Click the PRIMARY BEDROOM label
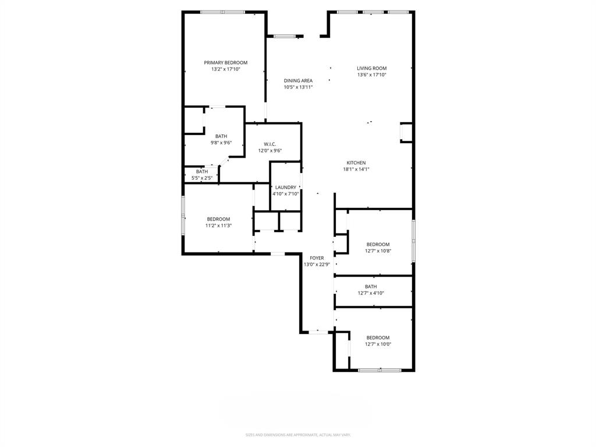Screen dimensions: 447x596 225,62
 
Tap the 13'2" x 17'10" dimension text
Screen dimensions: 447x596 225,69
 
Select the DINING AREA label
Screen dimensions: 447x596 298,81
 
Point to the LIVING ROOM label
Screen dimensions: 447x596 371,68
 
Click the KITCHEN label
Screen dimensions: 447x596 356,163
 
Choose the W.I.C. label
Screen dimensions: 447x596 269,144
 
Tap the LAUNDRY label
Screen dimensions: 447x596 285,187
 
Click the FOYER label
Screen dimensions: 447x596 317,258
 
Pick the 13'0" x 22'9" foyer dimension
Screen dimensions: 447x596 317,265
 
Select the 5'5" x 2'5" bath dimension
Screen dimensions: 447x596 201,178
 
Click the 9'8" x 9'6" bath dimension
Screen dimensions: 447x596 221,143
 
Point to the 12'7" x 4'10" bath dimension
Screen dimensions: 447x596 371,293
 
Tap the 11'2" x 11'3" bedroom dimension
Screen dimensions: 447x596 218,226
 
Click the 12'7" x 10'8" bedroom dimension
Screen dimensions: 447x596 378,251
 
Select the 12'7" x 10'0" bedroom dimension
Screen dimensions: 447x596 378,345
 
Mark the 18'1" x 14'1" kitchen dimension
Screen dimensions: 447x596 356,169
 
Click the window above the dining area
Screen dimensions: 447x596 285,37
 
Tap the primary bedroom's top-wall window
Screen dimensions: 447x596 222,12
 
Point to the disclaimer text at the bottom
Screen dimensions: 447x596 298,435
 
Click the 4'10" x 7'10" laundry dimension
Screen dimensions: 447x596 285,194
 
